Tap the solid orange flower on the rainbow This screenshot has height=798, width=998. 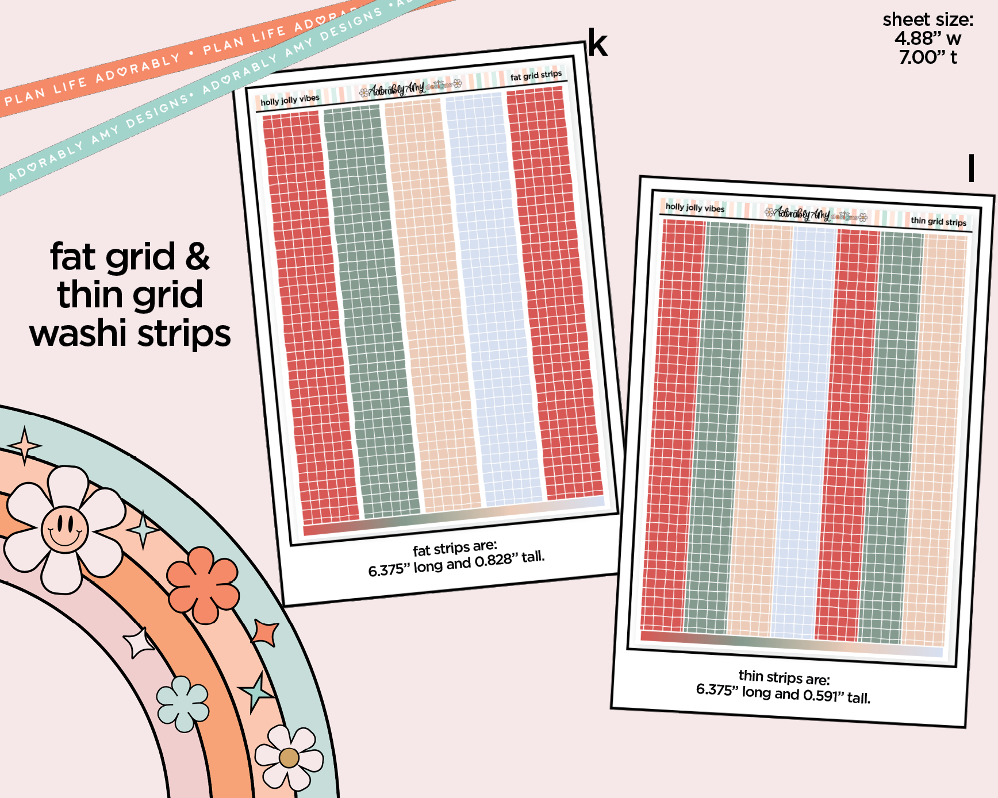(203, 584)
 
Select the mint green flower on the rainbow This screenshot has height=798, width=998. (183, 703)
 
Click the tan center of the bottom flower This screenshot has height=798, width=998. (289, 758)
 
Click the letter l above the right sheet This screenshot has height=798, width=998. (971, 168)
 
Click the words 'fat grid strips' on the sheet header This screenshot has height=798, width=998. (536, 75)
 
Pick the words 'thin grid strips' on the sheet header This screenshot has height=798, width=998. (938, 221)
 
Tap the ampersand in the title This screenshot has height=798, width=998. (197, 257)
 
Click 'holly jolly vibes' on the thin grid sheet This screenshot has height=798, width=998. (694, 207)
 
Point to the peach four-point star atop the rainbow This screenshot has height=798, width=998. (24, 446)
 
